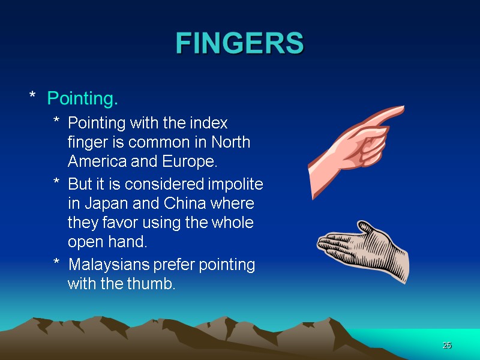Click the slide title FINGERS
(x=240, y=43)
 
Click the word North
(x=230, y=143)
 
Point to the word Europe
(x=194, y=163)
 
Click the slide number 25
(x=446, y=346)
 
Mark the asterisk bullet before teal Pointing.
(x=33, y=96)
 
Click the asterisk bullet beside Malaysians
(x=56, y=264)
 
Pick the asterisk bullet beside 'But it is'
(x=56, y=182)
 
